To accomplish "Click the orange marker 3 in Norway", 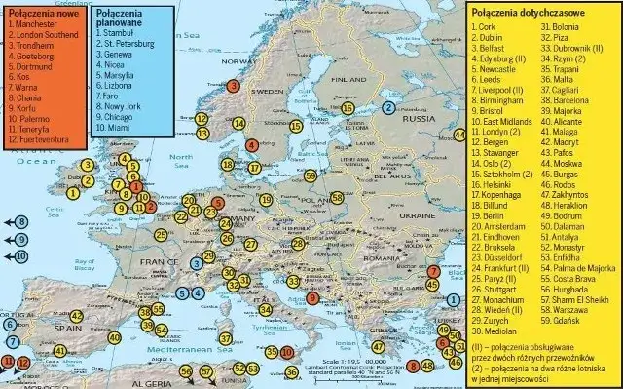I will [233, 86].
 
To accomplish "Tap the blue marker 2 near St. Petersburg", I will [389, 108].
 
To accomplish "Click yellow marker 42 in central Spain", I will [76, 316].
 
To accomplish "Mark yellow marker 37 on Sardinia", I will [226, 338].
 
